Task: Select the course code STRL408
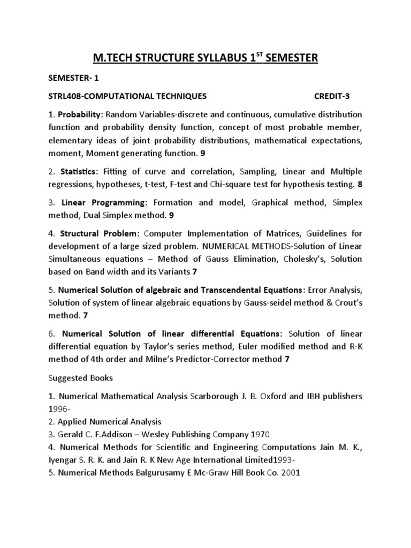tap(65, 96)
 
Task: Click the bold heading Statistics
tap(78, 171)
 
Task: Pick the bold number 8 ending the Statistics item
tap(360, 185)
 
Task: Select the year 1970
tap(229, 433)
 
